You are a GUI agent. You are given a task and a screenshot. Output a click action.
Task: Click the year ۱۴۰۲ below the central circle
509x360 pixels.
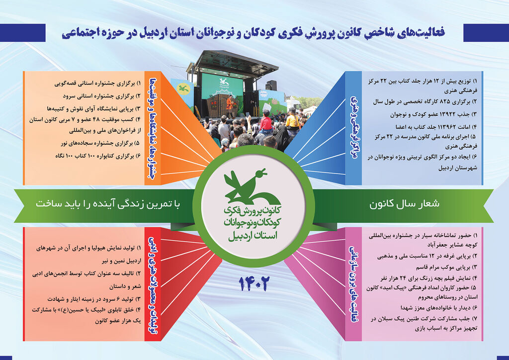click(x=254, y=284)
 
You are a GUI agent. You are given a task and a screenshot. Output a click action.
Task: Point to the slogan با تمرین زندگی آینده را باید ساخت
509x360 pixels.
click(x=106, y=204)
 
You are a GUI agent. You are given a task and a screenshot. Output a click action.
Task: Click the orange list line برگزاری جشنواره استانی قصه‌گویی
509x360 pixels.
click(x=94, y=83)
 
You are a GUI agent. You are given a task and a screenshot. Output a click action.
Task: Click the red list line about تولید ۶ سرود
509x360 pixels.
click(x=91, y=299)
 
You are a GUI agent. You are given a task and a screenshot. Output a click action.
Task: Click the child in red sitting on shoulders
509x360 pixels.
click(x=266, y=120)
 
